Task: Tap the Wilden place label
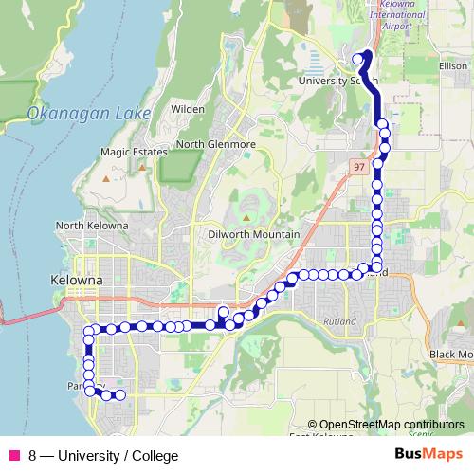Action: pos(188,109)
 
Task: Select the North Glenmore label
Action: pos(216,144)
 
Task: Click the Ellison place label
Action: pos(453,66)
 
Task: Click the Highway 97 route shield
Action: pos(358,166)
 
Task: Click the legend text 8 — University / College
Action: pos(103,456)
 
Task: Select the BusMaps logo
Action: pos(428,454)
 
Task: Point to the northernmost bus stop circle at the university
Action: pos(358,59)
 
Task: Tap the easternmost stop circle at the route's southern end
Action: pos(120,395)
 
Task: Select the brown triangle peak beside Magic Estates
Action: pos(142,167)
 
